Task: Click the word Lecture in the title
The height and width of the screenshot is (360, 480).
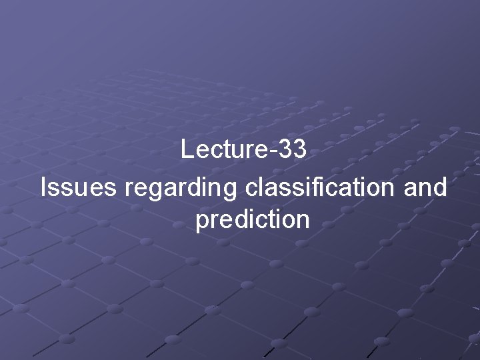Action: pyautogui.click(x=223, y=150)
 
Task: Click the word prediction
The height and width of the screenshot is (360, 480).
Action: pyautogui.click(x=253, y=220)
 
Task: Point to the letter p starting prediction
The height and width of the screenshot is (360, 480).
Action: pyautogui.click(x=201, y=222)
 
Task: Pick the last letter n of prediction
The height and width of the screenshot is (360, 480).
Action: pyautogui.click(x=303, y=221)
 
